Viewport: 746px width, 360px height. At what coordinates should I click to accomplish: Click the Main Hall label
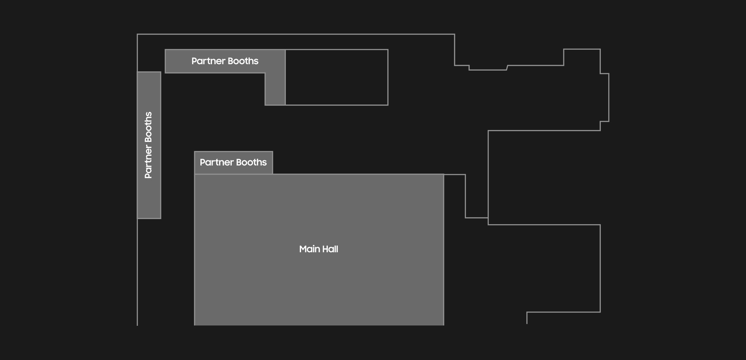click(318, 249)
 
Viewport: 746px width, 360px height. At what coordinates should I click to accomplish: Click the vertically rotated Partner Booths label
click(148, 145)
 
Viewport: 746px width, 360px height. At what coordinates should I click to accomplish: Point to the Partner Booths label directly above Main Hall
click(233, 162)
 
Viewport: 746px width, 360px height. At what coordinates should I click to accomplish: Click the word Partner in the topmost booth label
click(208, 61)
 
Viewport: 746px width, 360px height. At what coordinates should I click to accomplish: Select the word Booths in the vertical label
click(148, 127)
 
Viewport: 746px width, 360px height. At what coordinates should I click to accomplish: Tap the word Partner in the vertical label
click(148, 162)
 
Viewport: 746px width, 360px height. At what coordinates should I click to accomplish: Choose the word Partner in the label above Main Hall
click(217, 162)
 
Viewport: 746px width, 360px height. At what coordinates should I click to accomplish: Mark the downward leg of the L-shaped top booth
click(275, 89)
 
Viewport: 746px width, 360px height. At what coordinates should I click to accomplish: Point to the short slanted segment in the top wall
click(507, 68)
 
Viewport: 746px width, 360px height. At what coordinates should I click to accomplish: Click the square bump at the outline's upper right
click(582, 49)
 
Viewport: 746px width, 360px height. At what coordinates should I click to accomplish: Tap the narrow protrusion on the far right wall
click(609, 97)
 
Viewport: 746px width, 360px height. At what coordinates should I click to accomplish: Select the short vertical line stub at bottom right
click(527, 318)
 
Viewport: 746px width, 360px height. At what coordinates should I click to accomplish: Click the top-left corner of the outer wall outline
click(137, 34)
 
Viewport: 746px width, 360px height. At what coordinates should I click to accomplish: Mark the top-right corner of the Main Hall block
click(444, 174)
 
